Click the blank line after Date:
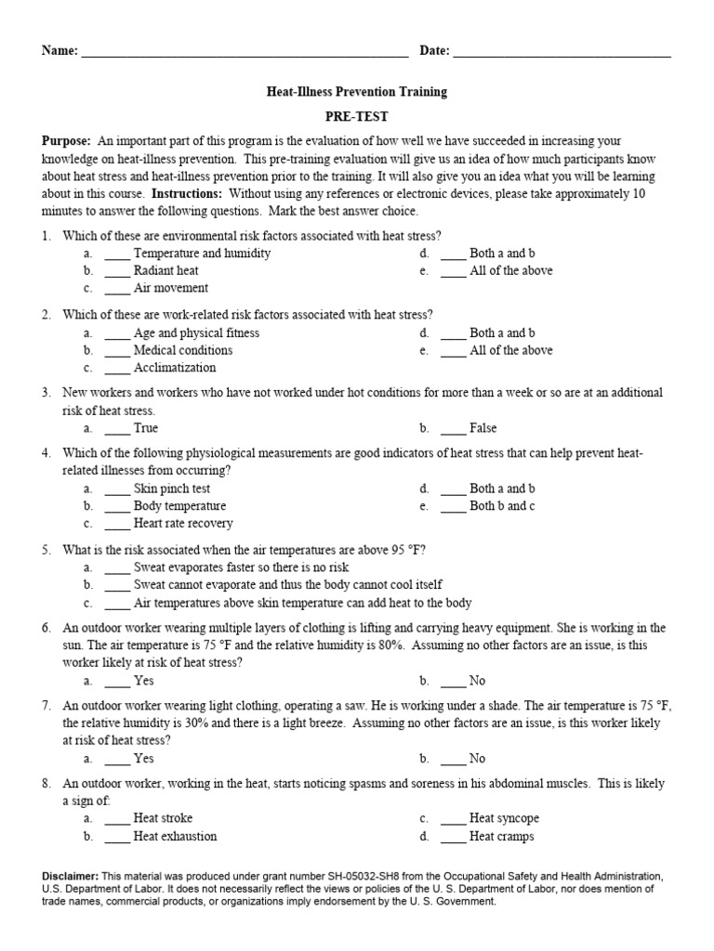tap(562, 54)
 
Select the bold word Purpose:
tap(67, 141)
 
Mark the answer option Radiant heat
tap(165, 271)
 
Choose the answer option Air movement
tap(170, 289)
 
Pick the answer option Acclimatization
tap(175, 368)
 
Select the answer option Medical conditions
tap(182, 350)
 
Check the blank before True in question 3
tap(117, 428)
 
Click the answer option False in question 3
tap(483, 428)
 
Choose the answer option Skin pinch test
tap(172, 489)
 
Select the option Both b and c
tap(502, 506)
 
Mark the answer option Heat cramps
tap(503, 836)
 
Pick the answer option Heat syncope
tap(504, 818)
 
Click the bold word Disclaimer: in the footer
tap(71, 876)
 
